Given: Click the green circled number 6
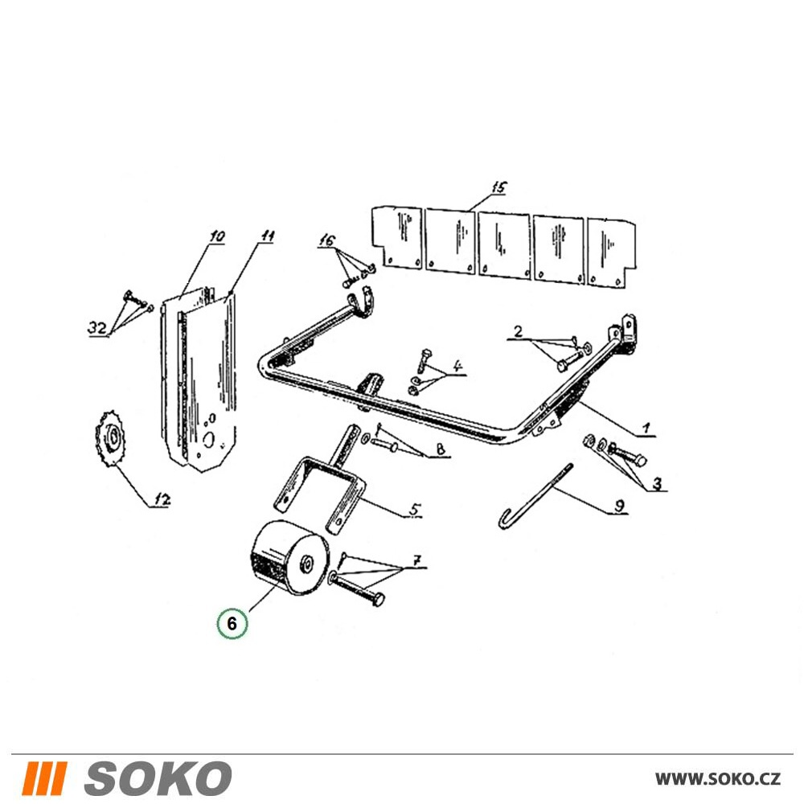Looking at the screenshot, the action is (232, 623).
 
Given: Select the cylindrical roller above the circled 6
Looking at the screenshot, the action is (288, 558).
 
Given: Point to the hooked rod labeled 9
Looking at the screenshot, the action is (535, 496).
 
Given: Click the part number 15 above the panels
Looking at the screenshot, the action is (498, 187).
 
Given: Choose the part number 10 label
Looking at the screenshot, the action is (216, 236).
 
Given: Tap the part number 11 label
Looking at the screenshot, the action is (267, 236).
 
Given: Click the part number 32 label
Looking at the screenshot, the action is (97, 327).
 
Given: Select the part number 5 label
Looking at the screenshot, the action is (415, 509).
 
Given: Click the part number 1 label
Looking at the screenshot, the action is (646, 428).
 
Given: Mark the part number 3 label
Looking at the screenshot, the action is (657, 483).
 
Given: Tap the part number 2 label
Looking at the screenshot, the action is (518, 331).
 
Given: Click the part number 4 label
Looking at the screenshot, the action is (457, 366).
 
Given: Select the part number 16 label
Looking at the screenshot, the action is (327, 240).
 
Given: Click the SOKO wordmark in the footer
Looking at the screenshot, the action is (158, 778).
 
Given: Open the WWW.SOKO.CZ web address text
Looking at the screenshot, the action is (718, 779).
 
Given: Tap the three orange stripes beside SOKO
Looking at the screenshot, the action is (44, 778).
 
